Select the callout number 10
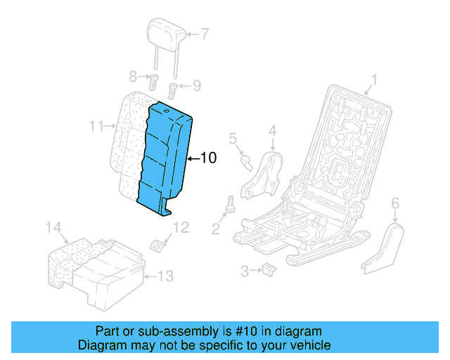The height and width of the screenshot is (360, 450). pos(208,158)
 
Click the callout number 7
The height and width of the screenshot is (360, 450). pos(205,33)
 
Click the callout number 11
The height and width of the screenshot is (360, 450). pos(97,127)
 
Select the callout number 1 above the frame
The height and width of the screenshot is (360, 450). pos(375,79)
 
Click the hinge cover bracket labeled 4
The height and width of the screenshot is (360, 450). pos(264,172)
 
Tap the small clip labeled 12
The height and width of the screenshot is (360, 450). pos(158,243)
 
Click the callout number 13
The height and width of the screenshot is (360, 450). pos(164,276)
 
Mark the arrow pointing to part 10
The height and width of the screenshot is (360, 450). pos(193,158)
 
